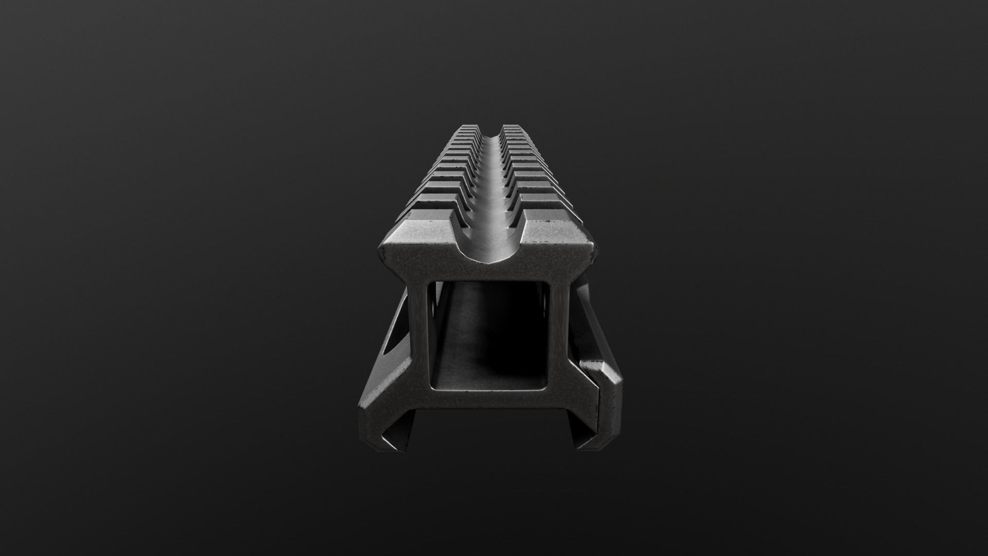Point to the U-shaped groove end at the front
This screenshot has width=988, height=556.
point(489,252)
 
